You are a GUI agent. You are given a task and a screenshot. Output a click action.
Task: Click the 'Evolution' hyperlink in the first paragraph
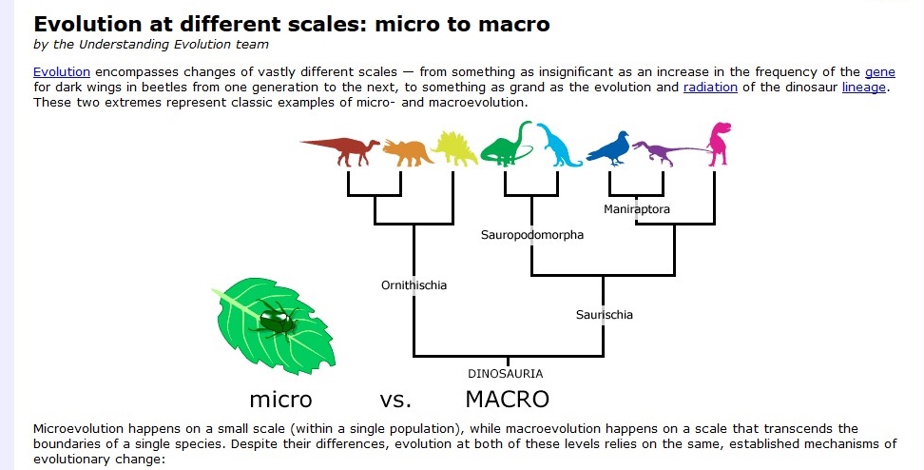click(x=62, y=72)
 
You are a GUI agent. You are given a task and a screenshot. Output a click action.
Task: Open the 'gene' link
click(x=880, y=72)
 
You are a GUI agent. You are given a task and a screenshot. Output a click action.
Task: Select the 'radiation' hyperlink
click(x=710, y=88)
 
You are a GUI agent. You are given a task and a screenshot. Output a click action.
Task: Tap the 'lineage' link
click(x=863, y=88)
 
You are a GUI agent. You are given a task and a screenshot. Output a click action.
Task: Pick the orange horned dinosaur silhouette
click(x=409, y=152)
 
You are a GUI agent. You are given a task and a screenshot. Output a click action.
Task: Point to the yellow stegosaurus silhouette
click(x=455, y=148)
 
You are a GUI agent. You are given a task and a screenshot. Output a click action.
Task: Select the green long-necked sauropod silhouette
click(x=506, y=144)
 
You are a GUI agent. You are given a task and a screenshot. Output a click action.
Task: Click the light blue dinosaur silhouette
click(x=558, y=146)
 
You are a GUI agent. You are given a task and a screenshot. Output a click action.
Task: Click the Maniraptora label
click(x=636, y=208)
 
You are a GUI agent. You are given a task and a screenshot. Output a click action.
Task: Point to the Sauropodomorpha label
click(x=532, y=235)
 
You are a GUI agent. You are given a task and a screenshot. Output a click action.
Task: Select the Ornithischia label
click(x=414, y=285)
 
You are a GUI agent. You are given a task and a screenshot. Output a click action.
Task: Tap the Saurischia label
click(x=604, y=315)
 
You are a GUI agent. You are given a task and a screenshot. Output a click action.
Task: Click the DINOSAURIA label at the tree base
click(x=506, y=374)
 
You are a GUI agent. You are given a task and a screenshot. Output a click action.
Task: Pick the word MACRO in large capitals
click(x=507, y=400)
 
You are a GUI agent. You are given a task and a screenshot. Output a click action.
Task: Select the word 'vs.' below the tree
click(x=395, y=401)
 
